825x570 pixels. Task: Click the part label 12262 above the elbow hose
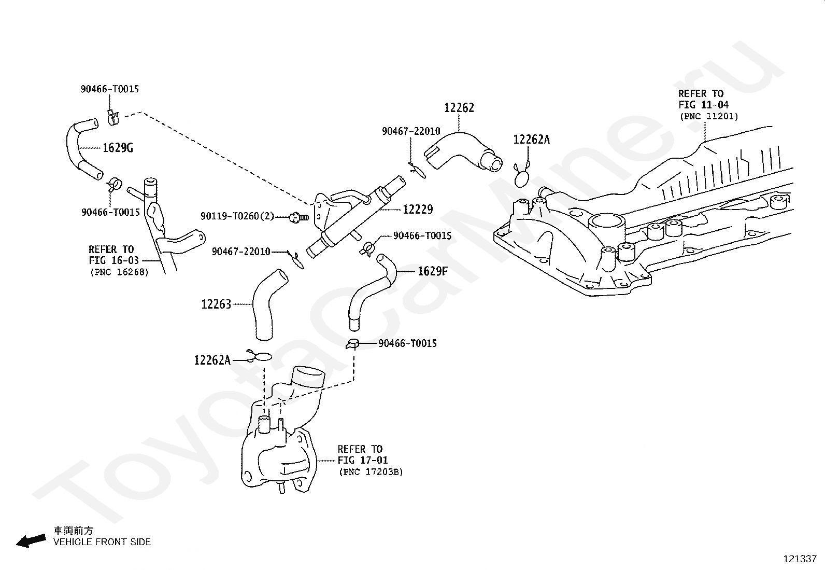point(459,108)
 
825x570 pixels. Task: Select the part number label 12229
point(418,210)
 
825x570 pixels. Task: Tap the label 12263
point(216,304)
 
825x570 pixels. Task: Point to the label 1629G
point(118,148)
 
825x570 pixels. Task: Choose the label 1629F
point(433,271)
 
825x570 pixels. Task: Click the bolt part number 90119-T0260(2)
point(237,216)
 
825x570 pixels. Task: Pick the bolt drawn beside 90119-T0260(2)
point(298,217)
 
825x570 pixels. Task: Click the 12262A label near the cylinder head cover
point(532,140)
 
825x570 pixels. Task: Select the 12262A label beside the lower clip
point(212,360)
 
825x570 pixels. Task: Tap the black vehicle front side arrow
point(31,541)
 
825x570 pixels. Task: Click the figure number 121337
point(800,559)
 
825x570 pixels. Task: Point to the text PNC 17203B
point(371,472)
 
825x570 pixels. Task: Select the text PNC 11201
point(709,117)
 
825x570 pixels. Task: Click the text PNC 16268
point(119,272)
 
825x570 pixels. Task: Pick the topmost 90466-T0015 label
point(110,89)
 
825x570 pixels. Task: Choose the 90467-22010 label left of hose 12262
point(411,131)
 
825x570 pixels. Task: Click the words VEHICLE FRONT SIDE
point(102,542)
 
